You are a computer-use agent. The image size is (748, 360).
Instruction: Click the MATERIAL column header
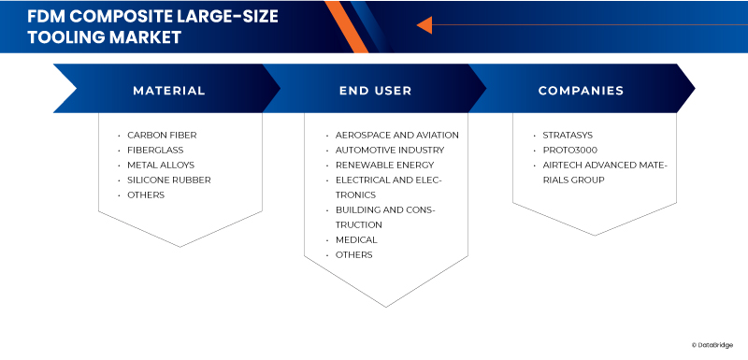click(168, 91)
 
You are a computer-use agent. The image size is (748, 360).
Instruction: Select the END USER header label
click(375, 91)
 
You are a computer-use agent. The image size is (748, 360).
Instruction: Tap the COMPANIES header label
click(581, 91)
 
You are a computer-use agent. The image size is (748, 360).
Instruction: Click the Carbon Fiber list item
click(162, 135)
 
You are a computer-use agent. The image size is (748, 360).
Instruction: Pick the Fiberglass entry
click(155, 150)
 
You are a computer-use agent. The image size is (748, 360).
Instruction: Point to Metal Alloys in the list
click(161, 165)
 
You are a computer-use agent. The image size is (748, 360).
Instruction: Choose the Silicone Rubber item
click(168, 180)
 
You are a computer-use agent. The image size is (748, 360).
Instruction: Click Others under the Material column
click(146, 194)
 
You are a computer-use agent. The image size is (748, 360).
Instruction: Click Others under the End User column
click(353, 254)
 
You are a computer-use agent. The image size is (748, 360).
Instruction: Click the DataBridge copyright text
click(717, 344)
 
